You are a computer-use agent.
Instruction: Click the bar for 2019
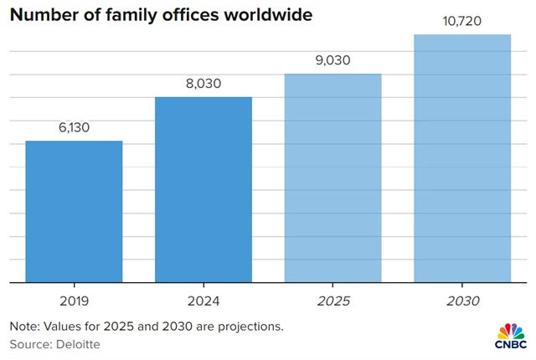74,212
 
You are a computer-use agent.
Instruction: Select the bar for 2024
204,190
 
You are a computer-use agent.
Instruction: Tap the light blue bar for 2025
332,178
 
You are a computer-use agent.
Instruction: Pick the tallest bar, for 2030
462,159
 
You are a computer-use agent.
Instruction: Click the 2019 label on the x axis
74,300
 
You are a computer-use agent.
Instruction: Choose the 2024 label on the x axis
204,300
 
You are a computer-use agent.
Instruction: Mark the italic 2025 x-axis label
332,300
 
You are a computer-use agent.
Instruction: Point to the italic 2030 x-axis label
462,300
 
